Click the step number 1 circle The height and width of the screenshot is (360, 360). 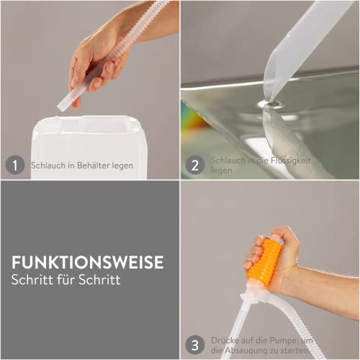14,165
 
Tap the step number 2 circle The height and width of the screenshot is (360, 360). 194,165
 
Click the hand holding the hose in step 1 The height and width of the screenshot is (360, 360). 94,61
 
